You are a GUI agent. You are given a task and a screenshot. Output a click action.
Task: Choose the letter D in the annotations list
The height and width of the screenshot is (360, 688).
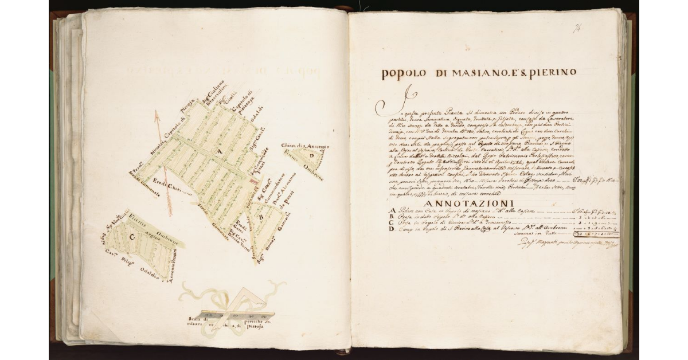click(392, 229)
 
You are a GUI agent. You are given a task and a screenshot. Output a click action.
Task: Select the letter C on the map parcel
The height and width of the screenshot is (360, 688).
click(132, 236)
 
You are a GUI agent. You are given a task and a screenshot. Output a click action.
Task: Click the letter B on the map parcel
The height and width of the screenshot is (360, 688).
click(261, 217)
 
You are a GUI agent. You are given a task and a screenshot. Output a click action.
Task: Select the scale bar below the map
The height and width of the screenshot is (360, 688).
click(229, 314)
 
